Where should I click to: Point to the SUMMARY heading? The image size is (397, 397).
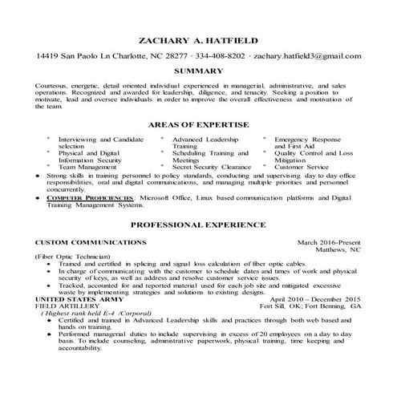(198, 71)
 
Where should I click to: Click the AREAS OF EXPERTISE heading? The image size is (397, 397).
(198, 125)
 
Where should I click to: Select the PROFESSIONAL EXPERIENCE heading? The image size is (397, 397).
(198, 226)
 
